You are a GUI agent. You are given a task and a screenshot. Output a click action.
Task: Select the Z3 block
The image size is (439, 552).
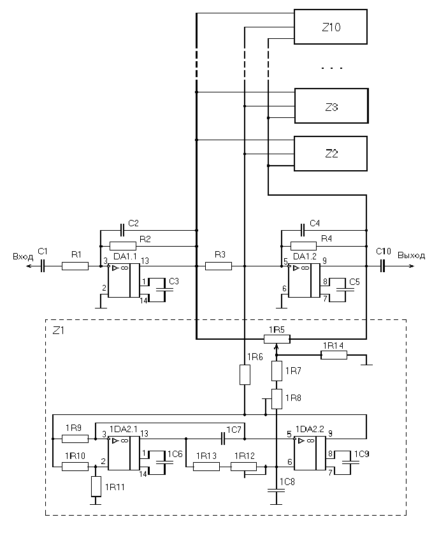tap(330, 106)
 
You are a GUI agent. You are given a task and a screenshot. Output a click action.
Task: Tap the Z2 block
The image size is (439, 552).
tap(330, 154)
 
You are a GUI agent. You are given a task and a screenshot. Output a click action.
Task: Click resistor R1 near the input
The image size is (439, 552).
tap(75, 266)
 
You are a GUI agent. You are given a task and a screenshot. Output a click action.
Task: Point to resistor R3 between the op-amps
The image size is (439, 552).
tap(218, 266)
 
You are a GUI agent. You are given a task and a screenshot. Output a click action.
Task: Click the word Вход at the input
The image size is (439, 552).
tap(22, 256)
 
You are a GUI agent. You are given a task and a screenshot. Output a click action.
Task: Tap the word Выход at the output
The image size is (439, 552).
tap(411, 256)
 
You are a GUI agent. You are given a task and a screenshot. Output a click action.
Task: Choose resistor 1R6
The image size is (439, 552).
tap(245, 375)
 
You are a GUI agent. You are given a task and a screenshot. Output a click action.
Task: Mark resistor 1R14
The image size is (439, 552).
tap(334, 355)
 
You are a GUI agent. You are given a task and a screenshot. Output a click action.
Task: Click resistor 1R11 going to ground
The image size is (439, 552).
tap(96, 486)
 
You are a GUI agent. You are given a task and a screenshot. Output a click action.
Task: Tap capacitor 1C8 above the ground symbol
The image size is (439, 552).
tap(275, 491)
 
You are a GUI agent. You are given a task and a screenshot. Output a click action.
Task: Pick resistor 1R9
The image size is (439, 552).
tap(75, 439)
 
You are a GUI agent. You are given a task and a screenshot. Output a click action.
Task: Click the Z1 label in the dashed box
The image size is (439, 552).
tap(58, 330)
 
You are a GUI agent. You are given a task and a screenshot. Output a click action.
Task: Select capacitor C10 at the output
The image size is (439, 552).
tap(384, 266)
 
